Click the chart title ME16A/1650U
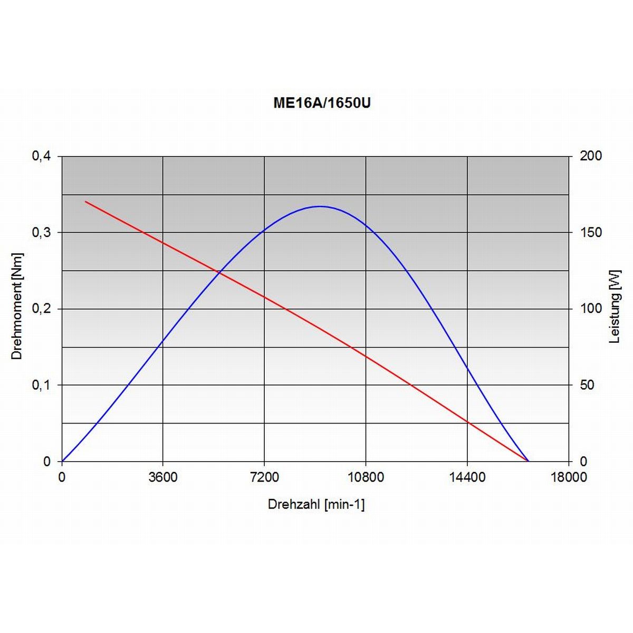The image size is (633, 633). pos(322,103)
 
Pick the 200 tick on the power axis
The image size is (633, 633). pos(590,156)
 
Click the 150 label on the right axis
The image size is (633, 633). pos(590,233)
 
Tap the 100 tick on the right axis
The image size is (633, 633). pos(590,309)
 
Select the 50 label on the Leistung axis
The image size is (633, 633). pos(587,385)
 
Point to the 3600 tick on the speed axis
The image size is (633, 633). pos(163,477)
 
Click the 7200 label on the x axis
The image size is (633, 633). pos(264,477)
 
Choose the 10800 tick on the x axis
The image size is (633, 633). pos(366,477)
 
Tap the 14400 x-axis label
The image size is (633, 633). pos(467,477)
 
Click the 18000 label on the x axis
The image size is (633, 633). pos(569,477)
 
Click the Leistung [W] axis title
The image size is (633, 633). pos(615,306)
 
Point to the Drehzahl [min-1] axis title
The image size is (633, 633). pos(316,504)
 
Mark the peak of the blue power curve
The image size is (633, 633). pos(320,206)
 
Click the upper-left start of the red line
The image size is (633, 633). pos(85,202)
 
